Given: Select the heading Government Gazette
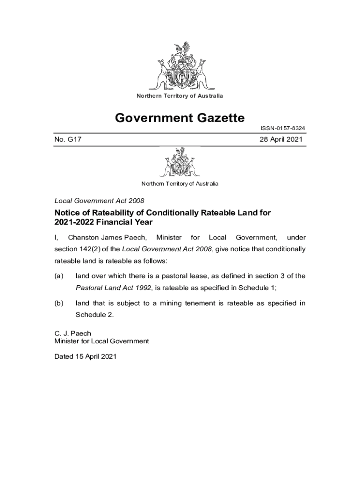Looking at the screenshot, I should [180, 117].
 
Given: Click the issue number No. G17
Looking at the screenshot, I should [69, 139].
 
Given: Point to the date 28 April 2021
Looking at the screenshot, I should [281, 139].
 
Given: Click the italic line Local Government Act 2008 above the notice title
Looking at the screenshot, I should [99, 201].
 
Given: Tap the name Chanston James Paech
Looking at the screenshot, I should [108, 238].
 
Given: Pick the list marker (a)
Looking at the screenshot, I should [59, 276].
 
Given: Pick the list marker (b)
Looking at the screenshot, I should [59, 304].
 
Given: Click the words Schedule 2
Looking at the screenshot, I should [94, 314].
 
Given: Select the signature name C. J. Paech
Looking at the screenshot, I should [73, 334].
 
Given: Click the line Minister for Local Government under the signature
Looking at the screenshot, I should [102, 341].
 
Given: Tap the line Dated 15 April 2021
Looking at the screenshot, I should [85, 356].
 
